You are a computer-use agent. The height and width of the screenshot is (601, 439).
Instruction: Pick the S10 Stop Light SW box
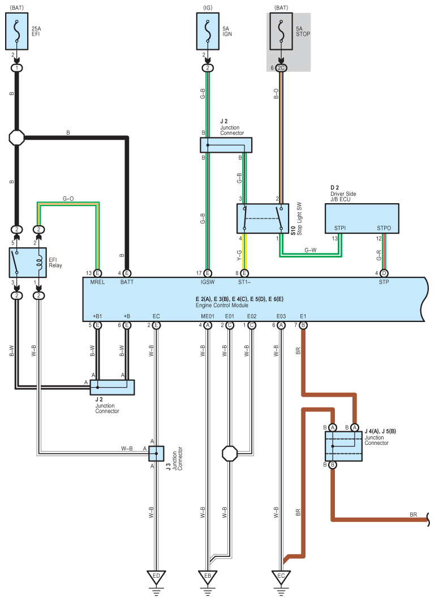click(262, 218)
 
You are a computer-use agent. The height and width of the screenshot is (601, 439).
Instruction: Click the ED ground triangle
click(156, 577)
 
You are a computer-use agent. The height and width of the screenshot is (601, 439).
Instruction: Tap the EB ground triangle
click(208, 577)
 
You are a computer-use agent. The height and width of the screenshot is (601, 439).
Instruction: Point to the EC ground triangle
click(281, 577)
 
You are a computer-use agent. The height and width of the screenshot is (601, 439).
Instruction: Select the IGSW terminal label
click(208, 282)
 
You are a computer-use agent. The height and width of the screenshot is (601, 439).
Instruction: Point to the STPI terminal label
click(340, 229)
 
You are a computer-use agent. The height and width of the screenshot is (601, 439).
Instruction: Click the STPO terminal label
click(384, 229)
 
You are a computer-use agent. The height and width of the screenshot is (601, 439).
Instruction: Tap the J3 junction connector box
click(156, 453)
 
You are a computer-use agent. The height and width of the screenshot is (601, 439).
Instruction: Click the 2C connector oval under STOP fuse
click(281, 68)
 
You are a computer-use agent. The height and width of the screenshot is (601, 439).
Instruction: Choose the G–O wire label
click(68, 199)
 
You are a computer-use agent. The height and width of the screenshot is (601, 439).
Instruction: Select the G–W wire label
click(311, 250)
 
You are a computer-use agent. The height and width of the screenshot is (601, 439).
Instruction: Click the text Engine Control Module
click(226, 306)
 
